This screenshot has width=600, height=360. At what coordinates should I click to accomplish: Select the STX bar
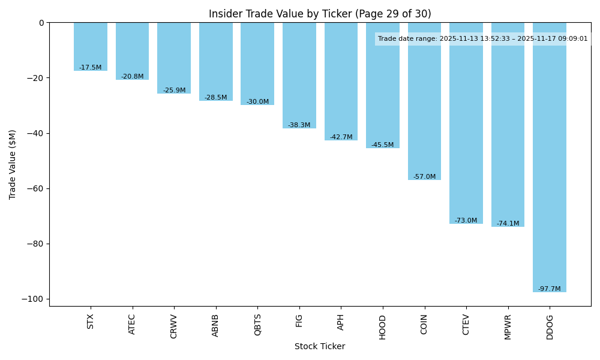(x=91, y=47)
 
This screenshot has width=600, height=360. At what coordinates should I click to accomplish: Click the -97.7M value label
(x=549, y=289)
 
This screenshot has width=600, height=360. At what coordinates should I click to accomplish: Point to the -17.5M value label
(x=91, y=68)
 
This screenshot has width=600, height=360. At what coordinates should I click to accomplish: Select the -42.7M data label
(x=341, y=137)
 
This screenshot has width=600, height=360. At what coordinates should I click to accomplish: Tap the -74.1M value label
(x=508, y=224)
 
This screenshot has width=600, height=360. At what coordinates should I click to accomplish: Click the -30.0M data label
(x=257, y=102)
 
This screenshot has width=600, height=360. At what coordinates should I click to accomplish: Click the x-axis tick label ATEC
(x=132, y=324)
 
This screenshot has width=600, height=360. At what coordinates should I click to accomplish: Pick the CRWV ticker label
(x=174, y=326)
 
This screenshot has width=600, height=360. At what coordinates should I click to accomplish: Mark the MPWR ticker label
(x=508, y=326)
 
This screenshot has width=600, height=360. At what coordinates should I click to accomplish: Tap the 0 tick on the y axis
(x=41, y=23)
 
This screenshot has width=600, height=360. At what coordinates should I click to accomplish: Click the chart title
(x=320, y=14)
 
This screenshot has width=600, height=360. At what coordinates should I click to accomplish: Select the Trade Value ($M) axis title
(x=13, y=164)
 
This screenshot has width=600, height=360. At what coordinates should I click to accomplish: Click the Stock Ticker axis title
(x=320, y=347)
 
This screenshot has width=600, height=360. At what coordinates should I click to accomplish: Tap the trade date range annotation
(x=483, y=39)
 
